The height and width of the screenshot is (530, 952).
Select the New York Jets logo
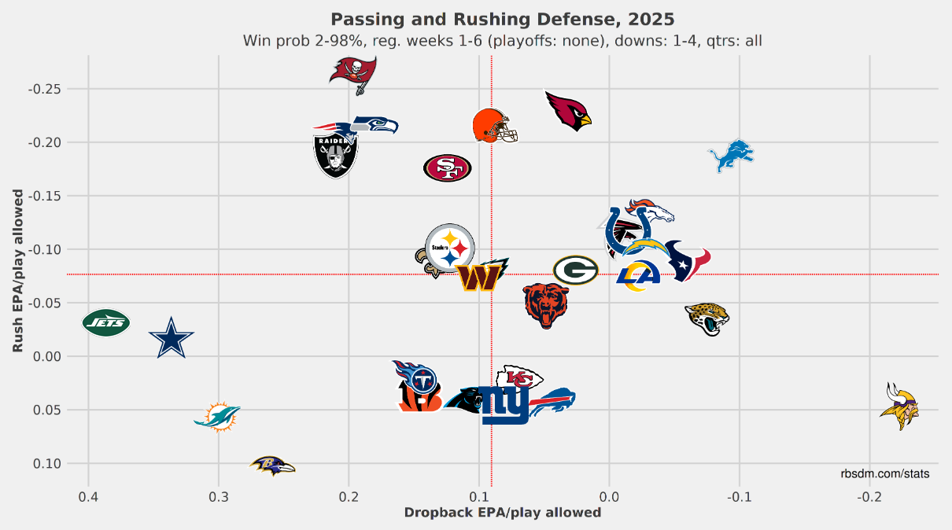106,322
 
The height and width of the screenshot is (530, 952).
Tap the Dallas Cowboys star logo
171,338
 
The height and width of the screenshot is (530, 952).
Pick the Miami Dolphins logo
216,417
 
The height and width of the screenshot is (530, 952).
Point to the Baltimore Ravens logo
272,466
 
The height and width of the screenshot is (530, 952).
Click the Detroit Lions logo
731,156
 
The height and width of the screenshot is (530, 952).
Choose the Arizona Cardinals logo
568,111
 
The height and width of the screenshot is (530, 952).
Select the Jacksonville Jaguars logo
707,319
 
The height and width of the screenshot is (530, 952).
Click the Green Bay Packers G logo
575,271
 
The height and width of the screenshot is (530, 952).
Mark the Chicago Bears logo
546,305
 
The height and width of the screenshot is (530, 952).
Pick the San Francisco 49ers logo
447,167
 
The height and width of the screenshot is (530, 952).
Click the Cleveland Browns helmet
494,126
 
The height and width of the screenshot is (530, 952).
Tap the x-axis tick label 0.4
88,497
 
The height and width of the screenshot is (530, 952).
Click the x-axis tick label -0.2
869,497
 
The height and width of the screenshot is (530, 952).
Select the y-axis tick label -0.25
45,89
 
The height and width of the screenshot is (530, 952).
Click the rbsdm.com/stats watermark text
884,473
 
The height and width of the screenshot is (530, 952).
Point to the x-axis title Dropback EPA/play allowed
502,513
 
